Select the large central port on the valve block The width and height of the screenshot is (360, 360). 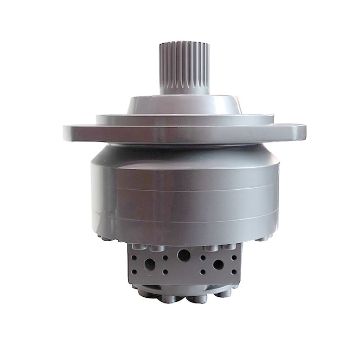184,255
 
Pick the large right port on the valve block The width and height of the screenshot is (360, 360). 218,264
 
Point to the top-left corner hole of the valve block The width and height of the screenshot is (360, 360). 134,257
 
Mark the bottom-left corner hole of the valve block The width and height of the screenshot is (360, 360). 134,272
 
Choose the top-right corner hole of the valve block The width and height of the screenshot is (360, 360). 234,257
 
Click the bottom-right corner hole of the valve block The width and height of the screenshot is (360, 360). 234,272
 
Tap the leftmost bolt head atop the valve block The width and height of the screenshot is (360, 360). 139,247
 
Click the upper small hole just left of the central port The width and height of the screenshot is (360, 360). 165,258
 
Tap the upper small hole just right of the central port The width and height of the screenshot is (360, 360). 203,258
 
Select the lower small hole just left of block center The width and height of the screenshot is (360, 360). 165,272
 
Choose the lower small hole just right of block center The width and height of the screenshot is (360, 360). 203,272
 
